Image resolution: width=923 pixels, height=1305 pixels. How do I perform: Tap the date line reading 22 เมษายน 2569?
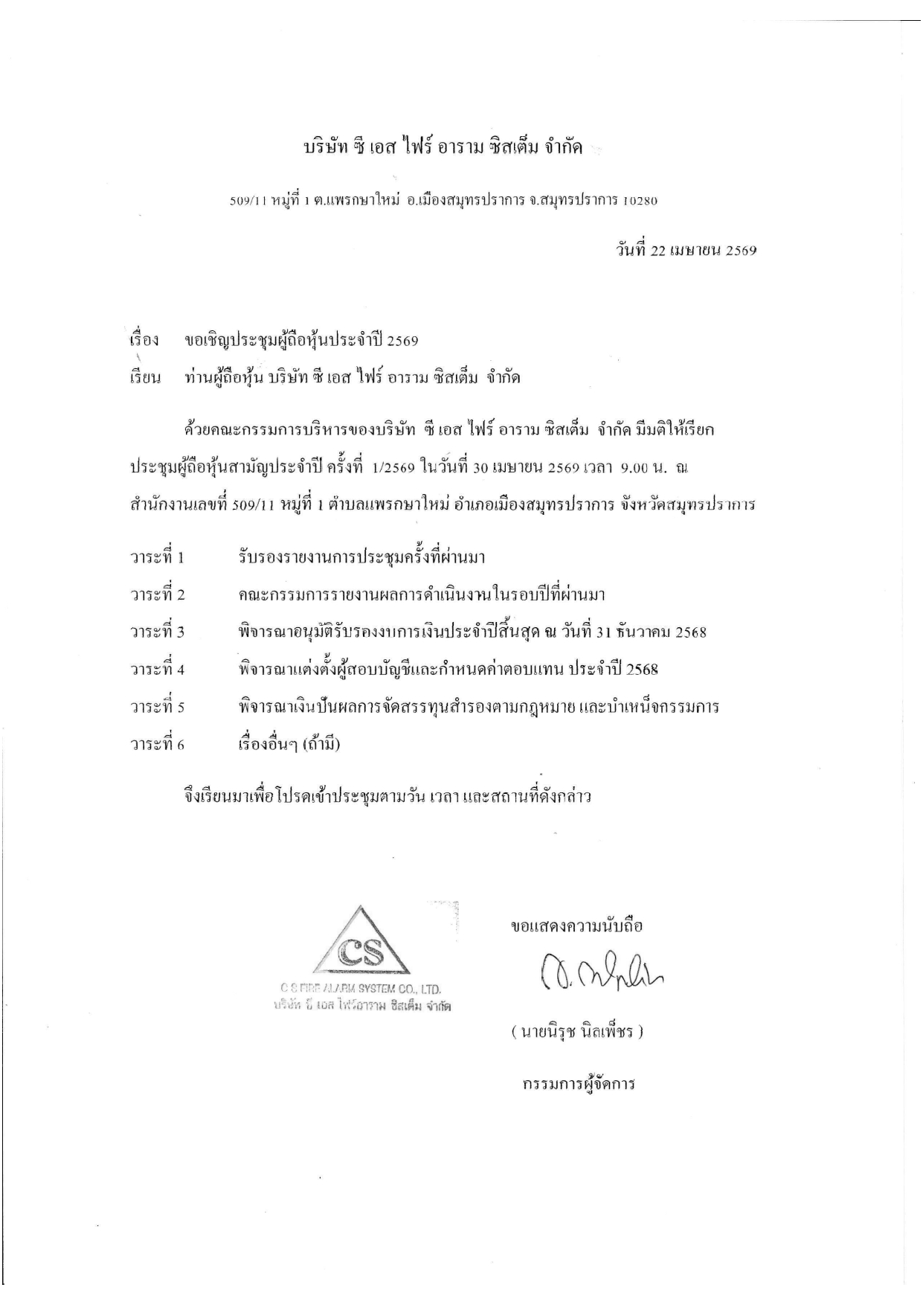click(x=686, y=251)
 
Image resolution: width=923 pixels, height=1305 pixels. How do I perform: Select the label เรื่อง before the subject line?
click(x=144, y=341)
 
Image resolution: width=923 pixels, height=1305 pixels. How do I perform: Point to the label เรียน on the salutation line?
click(x=146, y=378)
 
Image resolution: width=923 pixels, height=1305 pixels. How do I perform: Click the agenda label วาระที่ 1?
click(x=157, y=557)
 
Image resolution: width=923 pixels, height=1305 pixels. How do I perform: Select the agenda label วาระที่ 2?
click(x=157, y=594)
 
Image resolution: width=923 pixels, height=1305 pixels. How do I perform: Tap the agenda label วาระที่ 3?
click(x=157, y=632)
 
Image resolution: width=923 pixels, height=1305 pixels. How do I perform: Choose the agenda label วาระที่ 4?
click(x=157, y=669)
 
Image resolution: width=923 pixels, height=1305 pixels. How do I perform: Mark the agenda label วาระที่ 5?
click(x=157, y=707)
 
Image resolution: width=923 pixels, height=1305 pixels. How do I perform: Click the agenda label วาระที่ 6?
click(x=157, y=744)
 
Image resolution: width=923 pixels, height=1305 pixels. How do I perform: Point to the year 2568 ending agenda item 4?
click(x=643, y=669)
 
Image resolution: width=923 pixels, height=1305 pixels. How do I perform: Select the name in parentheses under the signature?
click(x=576, y=1033)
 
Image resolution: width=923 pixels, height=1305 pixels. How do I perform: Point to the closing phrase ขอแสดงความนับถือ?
click(x=577, y=926)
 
